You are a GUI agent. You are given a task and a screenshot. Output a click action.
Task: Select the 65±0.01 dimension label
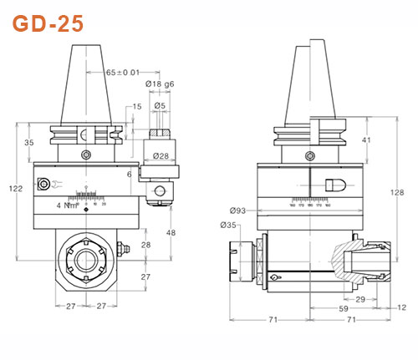[x=123, y=74]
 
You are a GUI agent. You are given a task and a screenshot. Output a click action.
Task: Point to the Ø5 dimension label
[x=160, y=106]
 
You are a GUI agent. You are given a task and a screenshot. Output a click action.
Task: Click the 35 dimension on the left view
[x=28, y=143]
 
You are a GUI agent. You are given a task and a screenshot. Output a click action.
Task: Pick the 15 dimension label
[x=136, y=107]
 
